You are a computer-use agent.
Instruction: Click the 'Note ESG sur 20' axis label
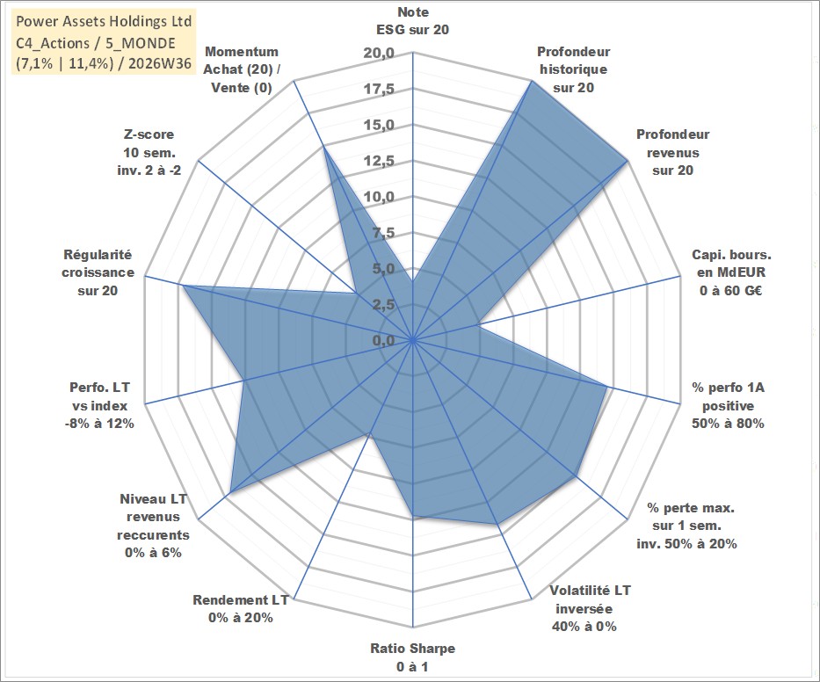tap(412, 21)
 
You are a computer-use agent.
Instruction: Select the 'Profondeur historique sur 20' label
tap(573, 69)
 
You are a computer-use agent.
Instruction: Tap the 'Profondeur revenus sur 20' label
tap(672, 152)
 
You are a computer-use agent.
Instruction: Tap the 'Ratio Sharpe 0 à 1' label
tap(412, 657)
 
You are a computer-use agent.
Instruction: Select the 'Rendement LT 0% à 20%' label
tap(241, 609)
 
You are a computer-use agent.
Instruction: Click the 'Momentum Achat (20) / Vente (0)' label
tap(241, 69)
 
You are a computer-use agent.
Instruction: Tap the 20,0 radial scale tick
tap(379, 54)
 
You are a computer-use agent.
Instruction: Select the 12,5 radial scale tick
tap(379, 161)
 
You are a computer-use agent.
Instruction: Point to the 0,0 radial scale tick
tap(383, 340)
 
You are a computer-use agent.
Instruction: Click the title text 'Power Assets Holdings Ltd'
tap(104, 21)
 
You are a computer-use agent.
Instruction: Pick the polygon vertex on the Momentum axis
tap(323, 147)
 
